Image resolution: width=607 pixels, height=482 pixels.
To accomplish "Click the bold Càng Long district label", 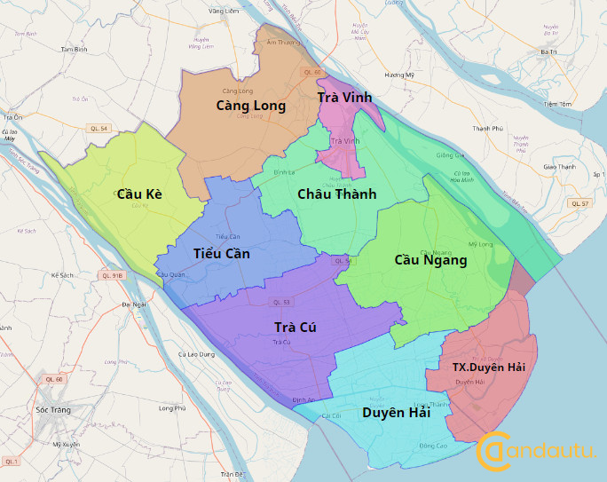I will (250, 106).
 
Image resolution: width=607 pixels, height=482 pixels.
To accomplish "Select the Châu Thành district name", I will (336, 194).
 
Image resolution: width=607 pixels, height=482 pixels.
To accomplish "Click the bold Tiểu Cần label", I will (221, 254).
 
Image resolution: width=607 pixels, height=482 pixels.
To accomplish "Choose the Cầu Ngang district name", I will (430, 260).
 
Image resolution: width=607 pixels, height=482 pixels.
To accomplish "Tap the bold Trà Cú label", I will (296, 328).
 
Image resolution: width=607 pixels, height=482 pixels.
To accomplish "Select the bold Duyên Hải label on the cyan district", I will (396, 413).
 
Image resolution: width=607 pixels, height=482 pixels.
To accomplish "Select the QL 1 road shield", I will (11, 462).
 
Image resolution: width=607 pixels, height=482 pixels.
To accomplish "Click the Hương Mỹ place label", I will (399, 75).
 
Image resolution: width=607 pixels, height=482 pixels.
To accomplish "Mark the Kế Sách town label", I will (62, 275).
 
